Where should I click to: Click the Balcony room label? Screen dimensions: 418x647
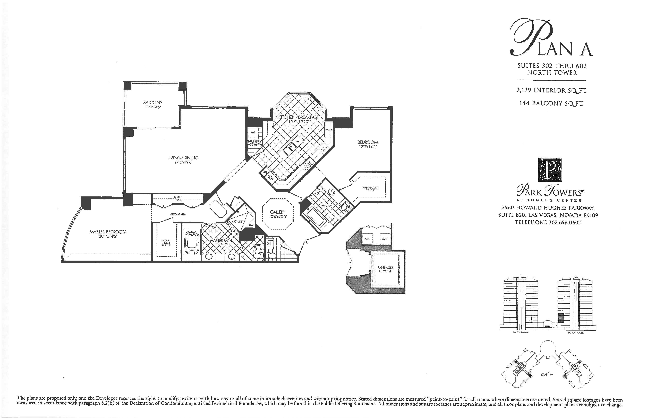pyautogui.click(x=153, y=103)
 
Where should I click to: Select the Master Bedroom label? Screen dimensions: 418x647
pyautogui.click(x=108, y=232)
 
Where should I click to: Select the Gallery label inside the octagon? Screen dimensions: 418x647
pyautogui.click(x=278, y=212)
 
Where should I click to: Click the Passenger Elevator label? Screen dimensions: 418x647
pyautogui.click(x=385, y=269)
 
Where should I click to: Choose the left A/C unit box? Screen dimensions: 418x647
pyautogui.click(x=368, y=239)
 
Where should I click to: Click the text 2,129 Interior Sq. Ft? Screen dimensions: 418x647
pyautogui.click(x=551, y=90)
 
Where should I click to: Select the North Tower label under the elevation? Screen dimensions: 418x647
pyautogui.click(x=575, y=333)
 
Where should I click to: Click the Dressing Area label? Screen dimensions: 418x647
pyautogui.click(x=178, y=214)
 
